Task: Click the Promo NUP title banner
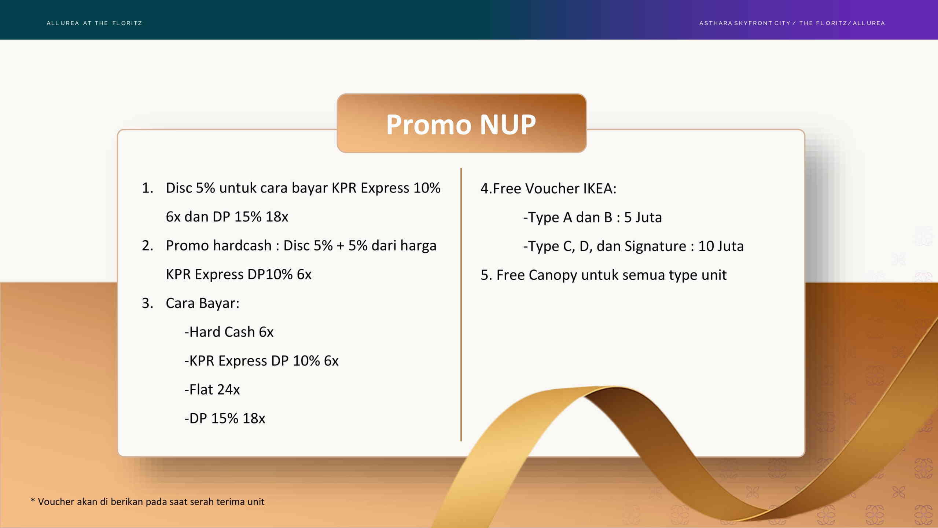coord(461,123)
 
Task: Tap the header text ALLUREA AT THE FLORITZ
coord(95,23)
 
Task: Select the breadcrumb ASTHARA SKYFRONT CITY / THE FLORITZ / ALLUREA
coord(792,23)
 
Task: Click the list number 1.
coord(147,188)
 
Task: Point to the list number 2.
coord(147,245)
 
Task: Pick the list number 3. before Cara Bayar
coord(147,303)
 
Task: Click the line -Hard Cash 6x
coord(229,332)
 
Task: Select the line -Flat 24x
coord(212,389)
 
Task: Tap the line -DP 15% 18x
coord(225,418)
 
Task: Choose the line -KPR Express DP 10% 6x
coord(261,361)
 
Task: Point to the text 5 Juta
coord(643,217)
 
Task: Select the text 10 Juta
coord(721,246)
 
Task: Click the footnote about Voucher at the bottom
coord(147,502)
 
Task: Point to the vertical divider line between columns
coord(461,304)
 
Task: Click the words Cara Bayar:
coord(203,303)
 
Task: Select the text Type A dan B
coord(568,217)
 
